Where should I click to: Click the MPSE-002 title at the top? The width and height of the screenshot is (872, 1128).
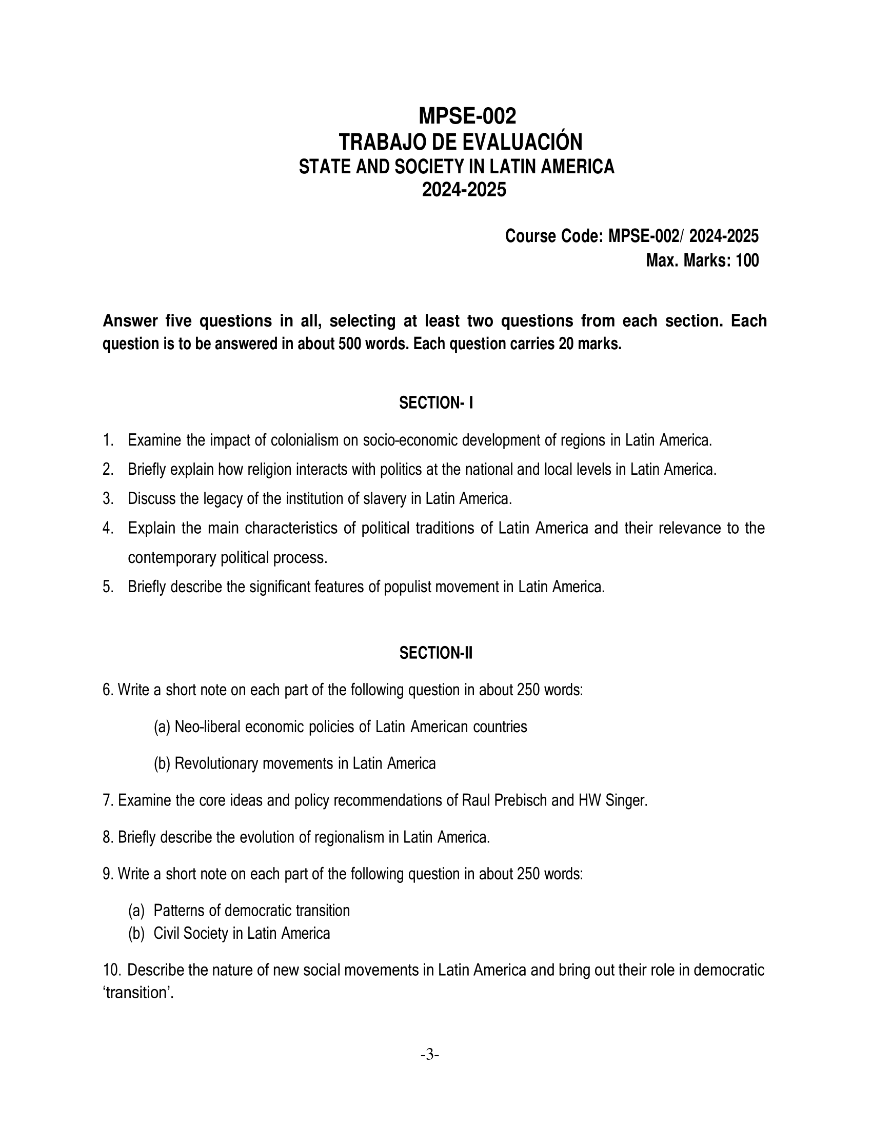[467, 117]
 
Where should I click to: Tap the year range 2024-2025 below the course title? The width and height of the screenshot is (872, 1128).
[464, 190]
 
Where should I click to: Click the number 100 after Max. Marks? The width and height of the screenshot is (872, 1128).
[747, 261]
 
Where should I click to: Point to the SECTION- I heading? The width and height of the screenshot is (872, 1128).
[436, 404]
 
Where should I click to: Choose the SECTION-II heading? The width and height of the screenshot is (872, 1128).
[436, 654]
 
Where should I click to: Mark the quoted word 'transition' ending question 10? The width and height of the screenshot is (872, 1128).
[137, 993]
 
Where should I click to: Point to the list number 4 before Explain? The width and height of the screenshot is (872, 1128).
[107, 528]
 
